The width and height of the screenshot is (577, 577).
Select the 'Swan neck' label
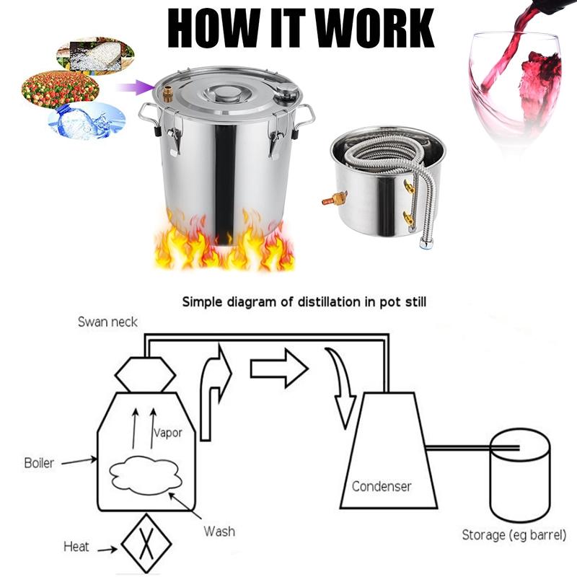pos(107,322)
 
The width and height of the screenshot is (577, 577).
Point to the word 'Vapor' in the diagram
pos(167,433)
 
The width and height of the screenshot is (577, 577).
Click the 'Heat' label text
pos(76,546)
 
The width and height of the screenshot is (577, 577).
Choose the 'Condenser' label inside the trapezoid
pos(382,486)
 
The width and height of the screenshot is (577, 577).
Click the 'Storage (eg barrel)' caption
pos(514,535)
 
